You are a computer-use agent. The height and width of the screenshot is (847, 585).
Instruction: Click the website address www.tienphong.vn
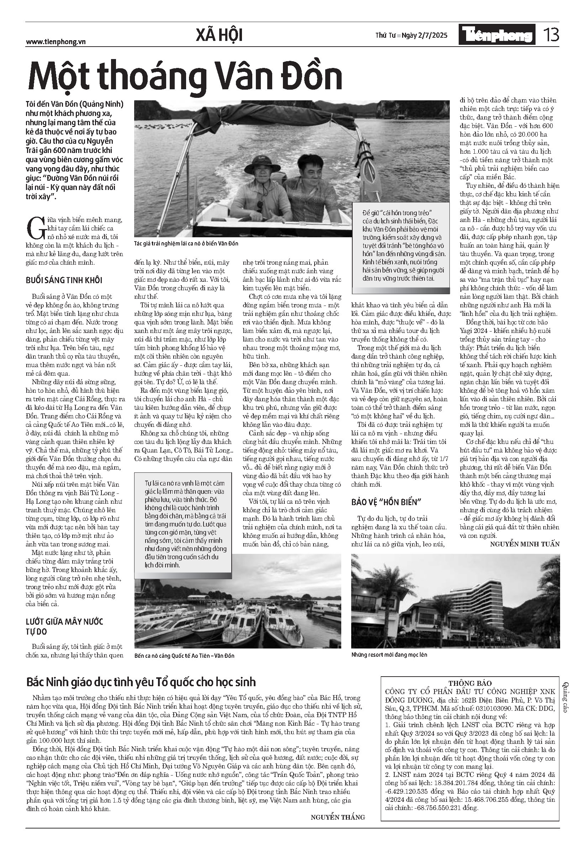coord(56,42)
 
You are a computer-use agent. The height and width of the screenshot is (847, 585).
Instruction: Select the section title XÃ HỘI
coord(219,36)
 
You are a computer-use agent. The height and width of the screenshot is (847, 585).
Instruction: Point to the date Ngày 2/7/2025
coord(425,36)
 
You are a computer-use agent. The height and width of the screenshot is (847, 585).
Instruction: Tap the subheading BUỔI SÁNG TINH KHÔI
coord(64,280)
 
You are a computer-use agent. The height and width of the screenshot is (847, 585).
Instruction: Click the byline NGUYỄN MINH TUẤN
coord(525,544)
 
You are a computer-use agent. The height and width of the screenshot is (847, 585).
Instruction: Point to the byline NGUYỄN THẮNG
coord(338,817)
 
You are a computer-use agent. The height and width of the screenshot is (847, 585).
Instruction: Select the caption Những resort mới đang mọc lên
coord(389,655)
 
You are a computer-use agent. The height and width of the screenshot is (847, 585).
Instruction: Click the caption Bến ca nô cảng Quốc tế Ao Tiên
coord(184,655)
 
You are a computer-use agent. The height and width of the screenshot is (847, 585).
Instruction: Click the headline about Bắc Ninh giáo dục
coord(141,682)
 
